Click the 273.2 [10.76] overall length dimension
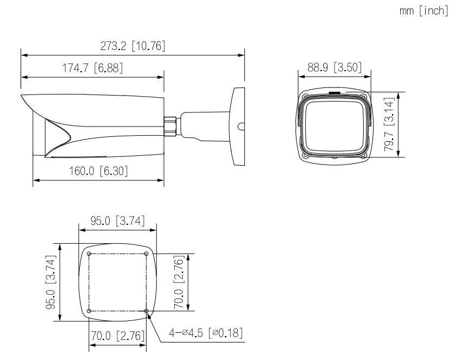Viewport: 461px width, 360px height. click(x=132, y=46)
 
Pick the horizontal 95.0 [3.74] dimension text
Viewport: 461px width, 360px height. click(x=117, y=222)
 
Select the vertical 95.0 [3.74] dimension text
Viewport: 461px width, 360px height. click(x=52, y=282)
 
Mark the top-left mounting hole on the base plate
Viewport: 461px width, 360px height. click(x=89, y=253)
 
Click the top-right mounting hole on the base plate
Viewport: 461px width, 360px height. click(x=147, y=253)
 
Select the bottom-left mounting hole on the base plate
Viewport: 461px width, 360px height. click(x=89, y=311)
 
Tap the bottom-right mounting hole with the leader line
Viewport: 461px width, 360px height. click(x=147, y=311)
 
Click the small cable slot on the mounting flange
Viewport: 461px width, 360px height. click(x=241, y=126)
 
